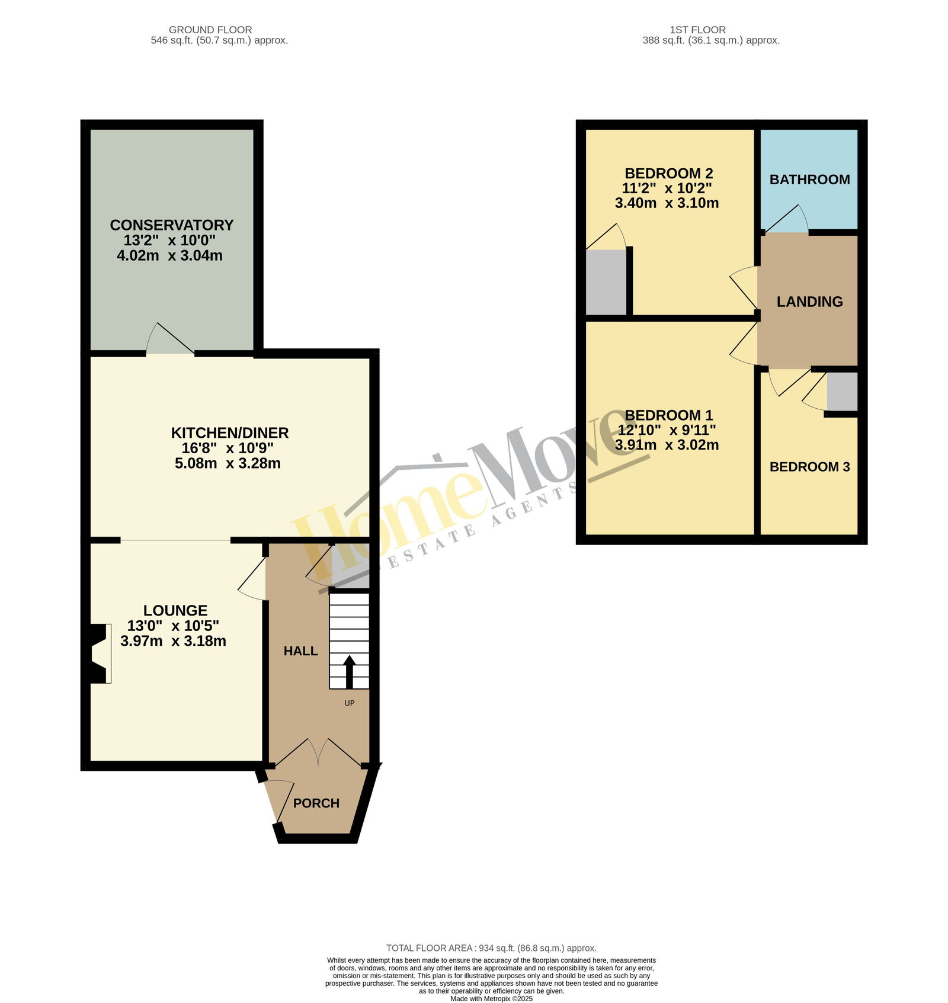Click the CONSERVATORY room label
pyautogui.click(x=172, y=225)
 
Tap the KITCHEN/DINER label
pyautogui.click(x=230, y=432)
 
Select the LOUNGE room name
pyautogui.click(x=175, y=610)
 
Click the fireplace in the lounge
pyautogui.click(x=100, y=653)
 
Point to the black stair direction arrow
pyautogui.click(x=350, y=671)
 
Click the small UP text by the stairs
pyautogui.click(x=350, y=703)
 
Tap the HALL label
pyautogui.click(x=301, y=651)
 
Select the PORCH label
pyautogui.click(x=316, y=803)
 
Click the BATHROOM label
pyautogui.click(x=810, y=180)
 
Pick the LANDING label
pyautogui.click(x=810, y=302)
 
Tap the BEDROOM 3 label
pyautogui.click(x=810, y=467)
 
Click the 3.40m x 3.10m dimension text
pyautogui.click(x=667, y=203)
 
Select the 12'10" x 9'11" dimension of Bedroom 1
pyautogui.click(x=667, y=430)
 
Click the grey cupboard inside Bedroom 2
pyautogui.click(x=606, y=282)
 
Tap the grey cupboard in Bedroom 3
pyautogui.click(x=842, y=392)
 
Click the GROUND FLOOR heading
pyautogui.click(x=210, y=30)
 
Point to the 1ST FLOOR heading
pyautogui.click(x=697, y=30)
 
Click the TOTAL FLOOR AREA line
pyautogui.click(x=491, y=948)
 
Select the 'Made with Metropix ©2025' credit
pyautogui.click(x=491, y=998)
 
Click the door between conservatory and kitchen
pyautogui.click(x=171, y=341)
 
